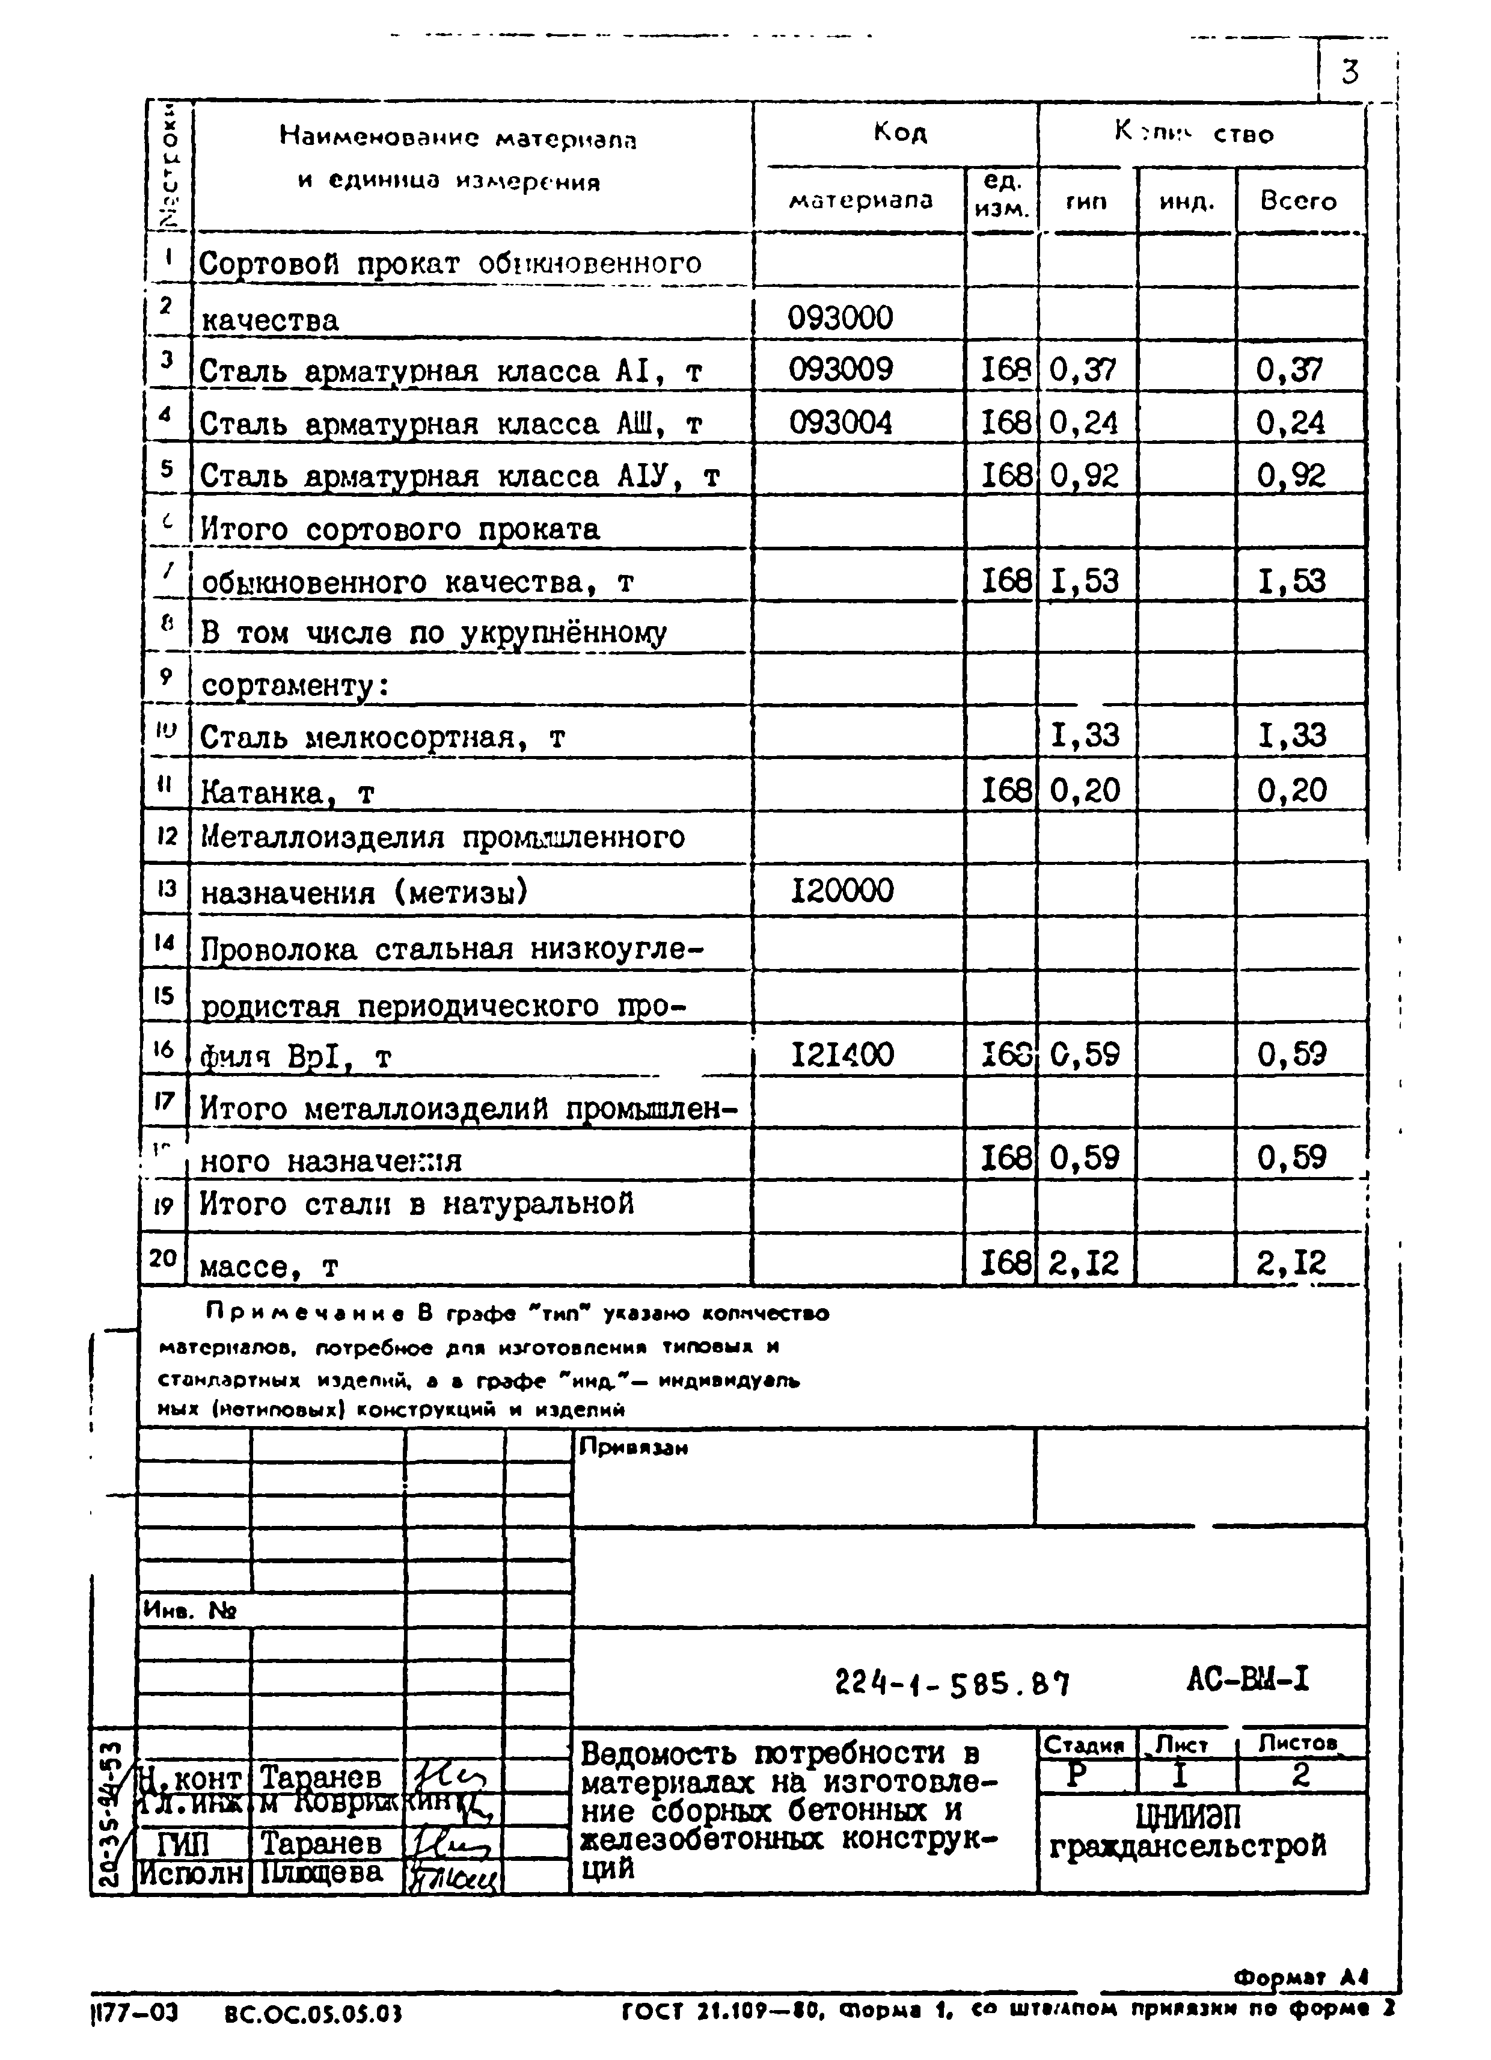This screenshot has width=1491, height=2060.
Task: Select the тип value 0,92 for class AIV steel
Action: point(1084,475)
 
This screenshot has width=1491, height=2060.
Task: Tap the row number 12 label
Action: point(166,835)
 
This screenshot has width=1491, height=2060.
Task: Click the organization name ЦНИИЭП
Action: point(1187,1816)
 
